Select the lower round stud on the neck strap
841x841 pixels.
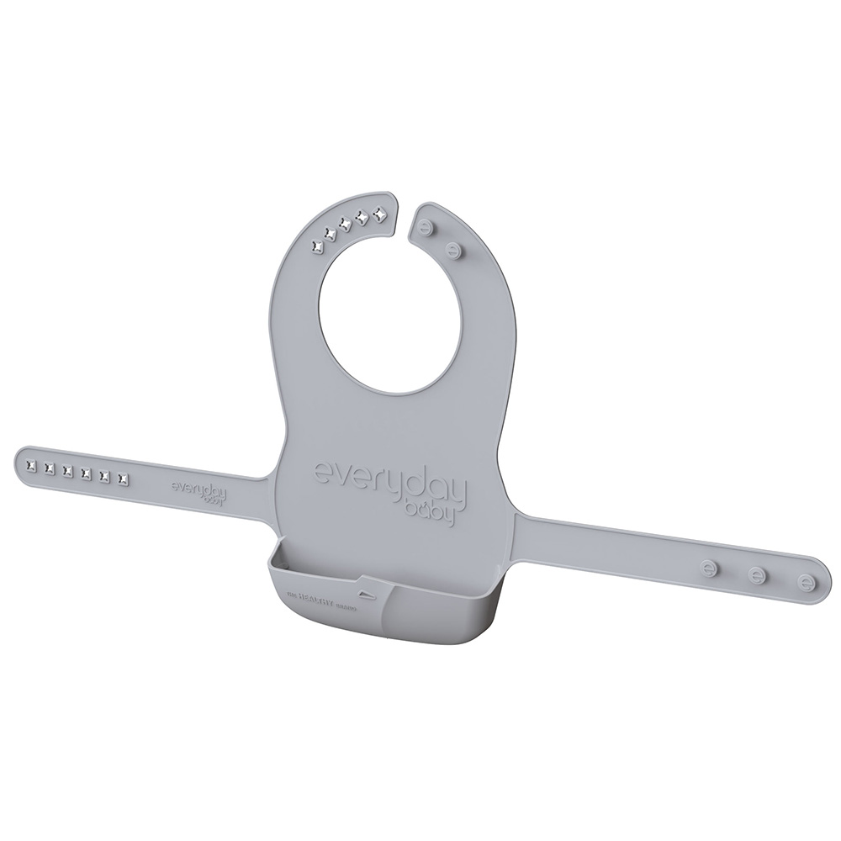[455, 249]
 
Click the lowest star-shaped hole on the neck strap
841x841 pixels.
[317, 246]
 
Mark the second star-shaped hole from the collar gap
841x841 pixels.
[363, 217]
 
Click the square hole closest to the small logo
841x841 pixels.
[124, 479]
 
